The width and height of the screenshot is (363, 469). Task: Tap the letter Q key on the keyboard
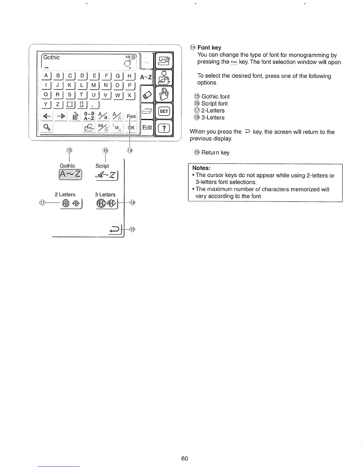pos(46,95)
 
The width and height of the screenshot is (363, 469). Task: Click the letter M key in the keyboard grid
pos(94,86)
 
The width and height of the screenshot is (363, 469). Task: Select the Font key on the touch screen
pos(131,116)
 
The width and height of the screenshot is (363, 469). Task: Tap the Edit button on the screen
pos(147,127)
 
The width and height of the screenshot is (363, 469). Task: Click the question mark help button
pos(164,128)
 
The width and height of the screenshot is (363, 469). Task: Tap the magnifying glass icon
pos(47,127)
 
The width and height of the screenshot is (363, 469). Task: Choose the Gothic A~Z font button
pos(71,174)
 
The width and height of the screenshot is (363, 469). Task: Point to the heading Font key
pos(209,47)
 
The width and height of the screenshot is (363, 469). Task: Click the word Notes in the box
pos(201,168)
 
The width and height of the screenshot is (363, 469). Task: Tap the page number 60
pos(184,459)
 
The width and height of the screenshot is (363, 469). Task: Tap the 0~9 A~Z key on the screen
pos(89,116)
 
